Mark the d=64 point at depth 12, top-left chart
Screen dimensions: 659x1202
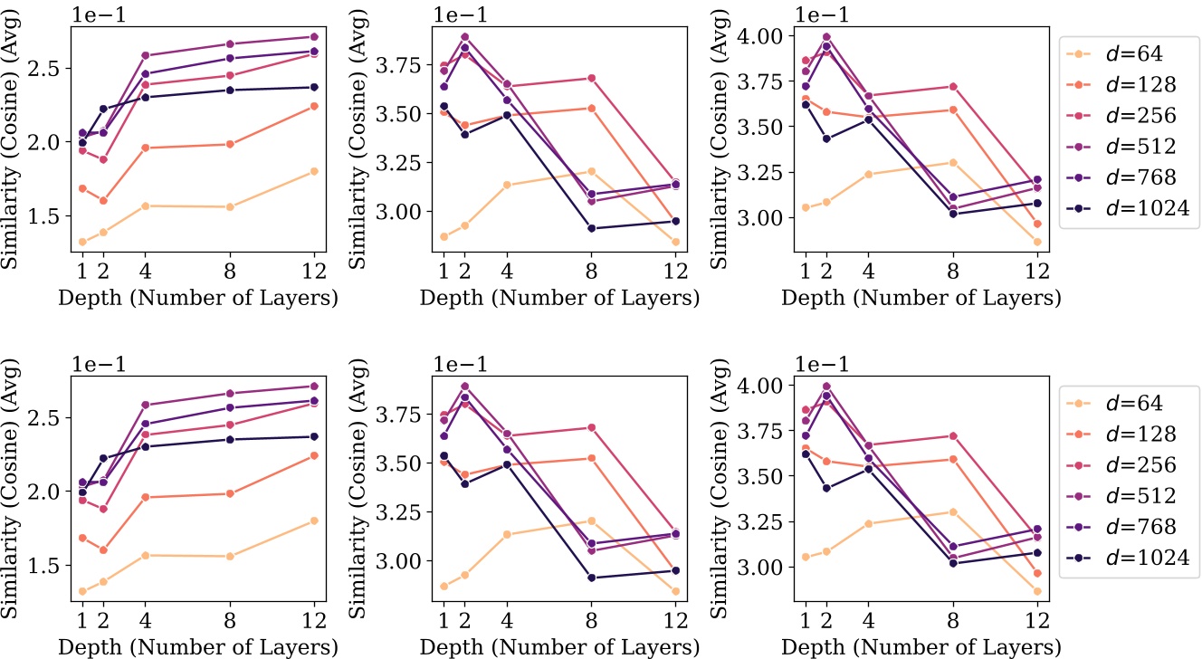pos(314,171)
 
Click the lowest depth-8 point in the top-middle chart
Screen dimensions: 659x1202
pos(591,228)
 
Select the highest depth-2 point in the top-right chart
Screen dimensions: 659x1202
pos(825,37)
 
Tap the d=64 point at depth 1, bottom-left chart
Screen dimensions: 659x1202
pos(82,591)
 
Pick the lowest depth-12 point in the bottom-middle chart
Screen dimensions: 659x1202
pos(675,591)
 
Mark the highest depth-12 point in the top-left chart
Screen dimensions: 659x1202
pos(314,37)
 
